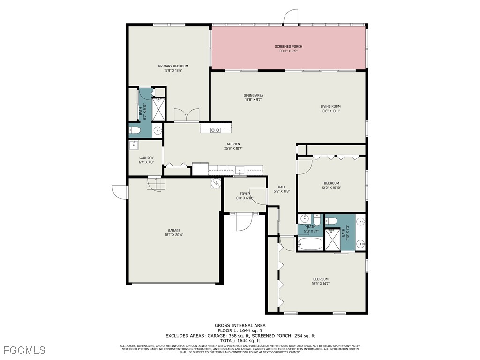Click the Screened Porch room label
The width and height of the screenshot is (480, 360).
(288, 49)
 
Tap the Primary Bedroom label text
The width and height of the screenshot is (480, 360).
(173, 68)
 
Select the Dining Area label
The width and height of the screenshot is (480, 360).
(253, 97)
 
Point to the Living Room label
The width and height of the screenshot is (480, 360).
(330, 109)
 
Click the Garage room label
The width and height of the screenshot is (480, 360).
(174, 232)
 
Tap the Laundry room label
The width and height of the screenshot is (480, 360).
(146, 160)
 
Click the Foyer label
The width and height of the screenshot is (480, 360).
(245, 195)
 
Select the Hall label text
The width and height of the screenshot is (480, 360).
(282, 189)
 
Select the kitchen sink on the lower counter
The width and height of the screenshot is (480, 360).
(240, 170)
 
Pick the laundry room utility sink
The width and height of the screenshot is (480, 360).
(134, 144)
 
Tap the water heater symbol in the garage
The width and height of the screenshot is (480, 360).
(215, 183)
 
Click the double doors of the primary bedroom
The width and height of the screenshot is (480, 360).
(187, 115)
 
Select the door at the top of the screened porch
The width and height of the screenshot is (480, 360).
(291, 17)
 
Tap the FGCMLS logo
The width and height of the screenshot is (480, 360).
(23, 350)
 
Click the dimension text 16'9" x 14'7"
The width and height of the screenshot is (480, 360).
(321, 283)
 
